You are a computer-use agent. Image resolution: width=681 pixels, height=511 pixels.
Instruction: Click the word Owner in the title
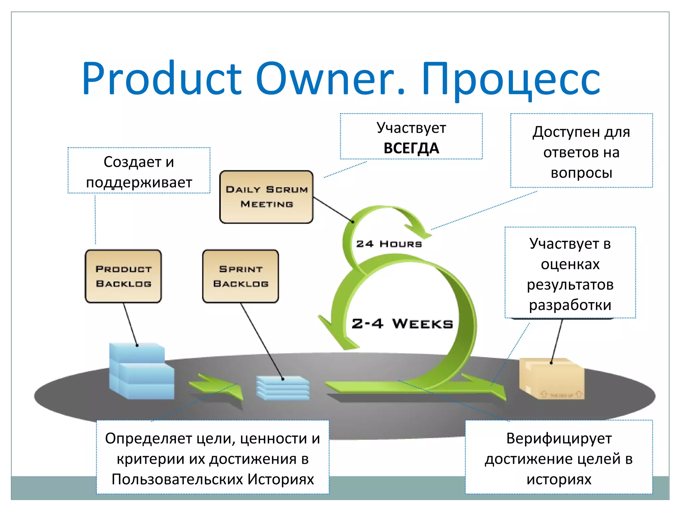pos(330,79)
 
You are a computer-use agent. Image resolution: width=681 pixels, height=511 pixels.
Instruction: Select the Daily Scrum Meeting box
pos(266,197)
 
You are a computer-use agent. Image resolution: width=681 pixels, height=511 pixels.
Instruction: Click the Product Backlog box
pos(123,276)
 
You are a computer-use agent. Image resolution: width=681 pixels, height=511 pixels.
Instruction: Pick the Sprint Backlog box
pos(240,276)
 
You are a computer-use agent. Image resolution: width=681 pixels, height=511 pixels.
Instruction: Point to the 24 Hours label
pos(389,244)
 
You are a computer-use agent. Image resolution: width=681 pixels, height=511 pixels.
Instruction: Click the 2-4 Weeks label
pos(402,323)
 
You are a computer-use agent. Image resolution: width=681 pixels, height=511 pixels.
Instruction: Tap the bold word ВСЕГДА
pos(411,148)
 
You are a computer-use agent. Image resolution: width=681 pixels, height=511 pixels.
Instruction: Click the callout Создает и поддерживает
pos(139,172)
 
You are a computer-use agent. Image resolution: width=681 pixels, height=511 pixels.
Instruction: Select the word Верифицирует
pos(559,438)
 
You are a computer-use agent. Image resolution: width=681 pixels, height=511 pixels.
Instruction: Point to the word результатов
pos(570,285)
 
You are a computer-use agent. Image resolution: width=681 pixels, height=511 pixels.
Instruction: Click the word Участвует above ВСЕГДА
pos(411,128)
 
